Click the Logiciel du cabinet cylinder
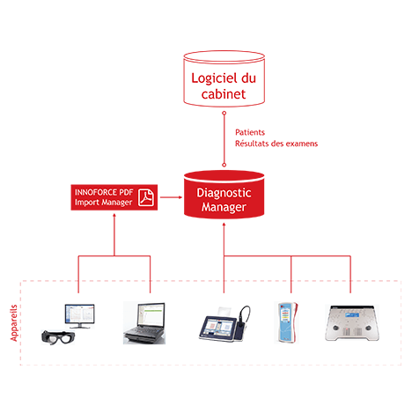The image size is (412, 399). tap(224, 78)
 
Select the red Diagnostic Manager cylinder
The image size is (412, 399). tap(224, 195)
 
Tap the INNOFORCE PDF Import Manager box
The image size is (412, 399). tap(114, 197)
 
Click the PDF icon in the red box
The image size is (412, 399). tap(146, 197)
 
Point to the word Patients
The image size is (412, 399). tap(250, 132)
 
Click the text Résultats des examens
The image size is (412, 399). tap(276, 144)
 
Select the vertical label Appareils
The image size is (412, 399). tap(14, 323)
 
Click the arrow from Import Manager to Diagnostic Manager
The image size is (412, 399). tap(171, 197)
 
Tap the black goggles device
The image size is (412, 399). tap(57, 337)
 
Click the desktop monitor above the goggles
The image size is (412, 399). tap(80, 316)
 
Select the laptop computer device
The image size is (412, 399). tap(144, 323)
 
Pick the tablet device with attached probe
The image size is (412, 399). tap(224, 324)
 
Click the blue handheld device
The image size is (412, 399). tap(286, 322)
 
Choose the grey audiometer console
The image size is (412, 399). tap(352, 323)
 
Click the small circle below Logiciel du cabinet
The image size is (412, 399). tap(224, 113)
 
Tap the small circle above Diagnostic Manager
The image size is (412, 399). tap(224, 165)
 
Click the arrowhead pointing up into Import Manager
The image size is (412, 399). tap(114, 215)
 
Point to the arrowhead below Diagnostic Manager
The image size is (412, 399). tap(224, 225)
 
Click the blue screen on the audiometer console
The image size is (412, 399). tap(352, 315)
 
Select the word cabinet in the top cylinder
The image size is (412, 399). tap(224, 94)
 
